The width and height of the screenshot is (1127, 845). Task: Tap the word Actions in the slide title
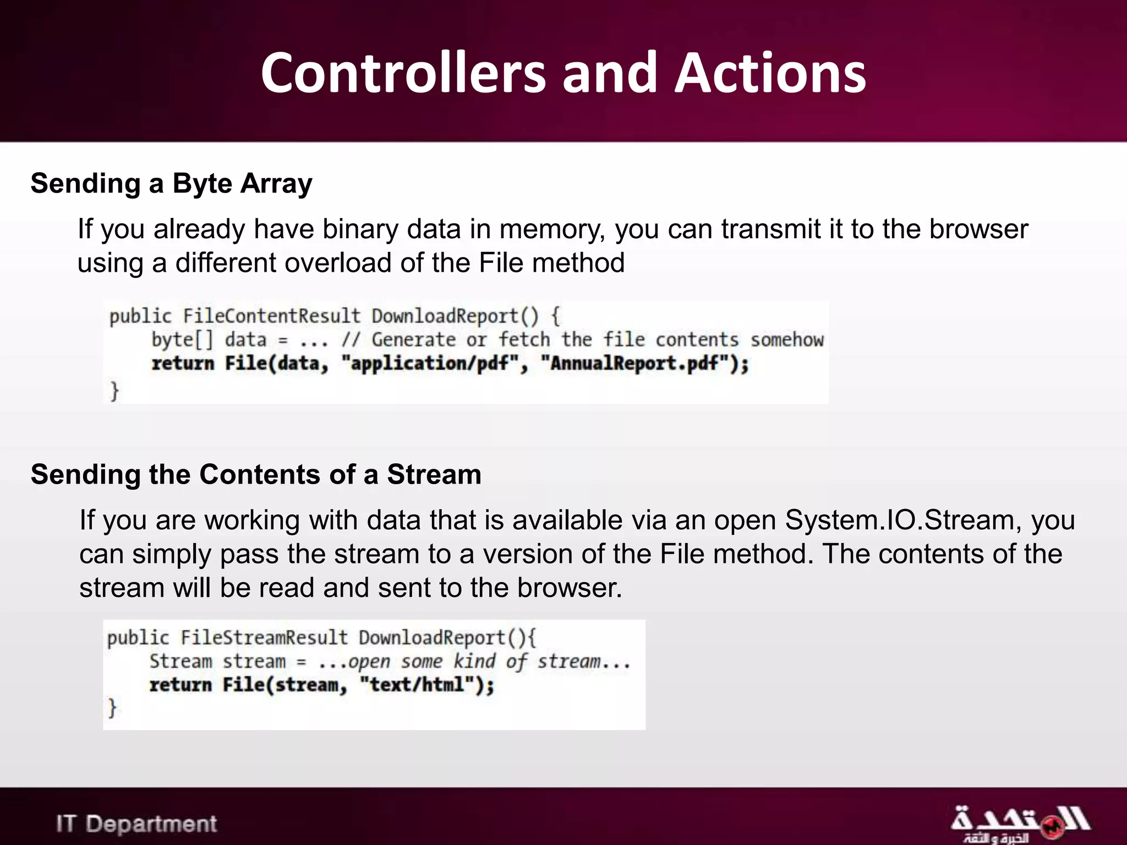tap(770, 73)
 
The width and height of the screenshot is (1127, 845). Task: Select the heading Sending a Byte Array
tap(171, 183)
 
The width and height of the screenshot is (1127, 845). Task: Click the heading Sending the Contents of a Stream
tap(256, 474)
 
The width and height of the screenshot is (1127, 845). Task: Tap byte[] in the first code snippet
tap(182, 340)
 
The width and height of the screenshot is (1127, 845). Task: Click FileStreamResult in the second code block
tap(264, 638)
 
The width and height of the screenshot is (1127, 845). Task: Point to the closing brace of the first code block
tap(114, 391)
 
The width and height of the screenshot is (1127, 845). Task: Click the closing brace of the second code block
tap(112, 707)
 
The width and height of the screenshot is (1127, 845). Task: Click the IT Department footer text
tap(136, 824)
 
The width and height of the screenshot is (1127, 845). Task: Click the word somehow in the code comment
tap(787, 340)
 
